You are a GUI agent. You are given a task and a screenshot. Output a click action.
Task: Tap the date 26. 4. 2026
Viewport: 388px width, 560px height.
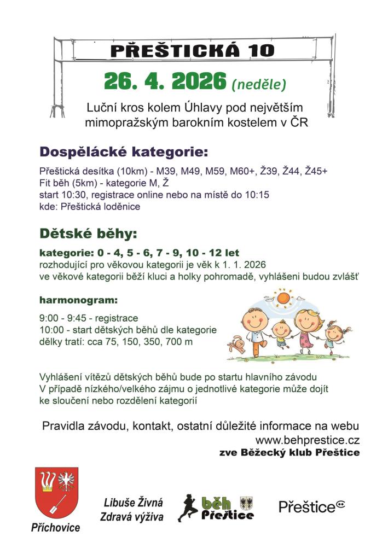click(x=165, y=82)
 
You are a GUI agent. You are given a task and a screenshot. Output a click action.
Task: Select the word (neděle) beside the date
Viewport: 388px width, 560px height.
click(x=259, y=85)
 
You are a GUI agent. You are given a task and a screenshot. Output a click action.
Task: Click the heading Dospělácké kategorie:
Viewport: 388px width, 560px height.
click(x=124, y=151)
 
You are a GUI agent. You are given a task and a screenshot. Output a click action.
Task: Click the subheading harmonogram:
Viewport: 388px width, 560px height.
click(x=78, y=300)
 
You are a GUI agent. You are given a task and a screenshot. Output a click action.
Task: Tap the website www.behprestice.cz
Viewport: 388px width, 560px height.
click(x=308, y=440)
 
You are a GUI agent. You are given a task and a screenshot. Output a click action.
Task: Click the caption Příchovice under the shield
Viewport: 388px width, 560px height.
click(x=55, y=528)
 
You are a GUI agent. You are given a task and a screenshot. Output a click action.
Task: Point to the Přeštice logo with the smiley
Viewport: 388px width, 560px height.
click(x=312, y=506)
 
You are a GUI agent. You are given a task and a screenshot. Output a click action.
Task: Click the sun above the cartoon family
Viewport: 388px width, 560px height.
click(x=283, y=298)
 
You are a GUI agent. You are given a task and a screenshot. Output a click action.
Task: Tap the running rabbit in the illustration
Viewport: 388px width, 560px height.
click(x=238, y=345)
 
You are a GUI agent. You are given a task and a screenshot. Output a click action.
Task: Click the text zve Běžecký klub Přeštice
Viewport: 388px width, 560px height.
click(x=289, y=453)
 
